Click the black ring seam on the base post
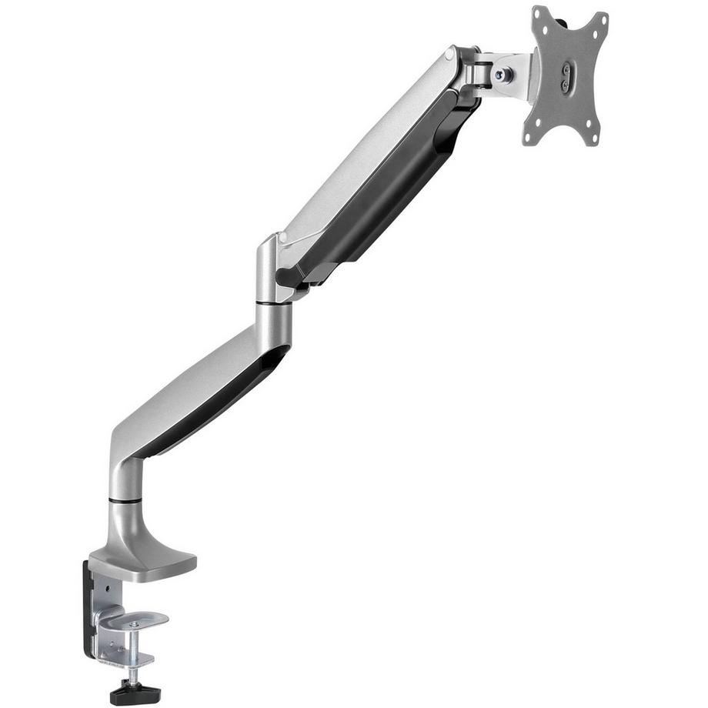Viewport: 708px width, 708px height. (125, 500)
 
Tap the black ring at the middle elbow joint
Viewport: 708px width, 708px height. (275, 304)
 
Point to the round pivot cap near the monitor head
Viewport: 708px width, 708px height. (449, 55)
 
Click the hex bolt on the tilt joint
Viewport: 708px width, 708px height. (501, 75)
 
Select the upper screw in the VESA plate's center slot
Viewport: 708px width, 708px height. (568, 68)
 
